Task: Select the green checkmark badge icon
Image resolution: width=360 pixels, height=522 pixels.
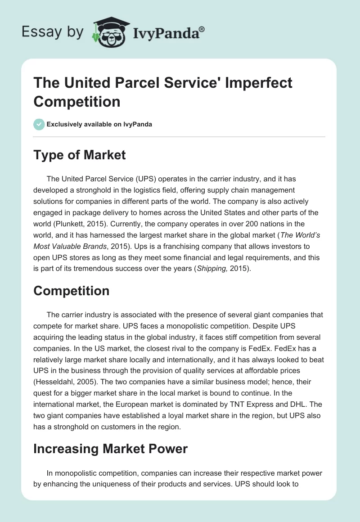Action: (x=39, y=124)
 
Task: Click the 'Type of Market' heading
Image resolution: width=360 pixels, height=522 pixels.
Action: (x=80, y=155)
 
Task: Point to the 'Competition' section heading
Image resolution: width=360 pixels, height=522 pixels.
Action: (x=72, y=291)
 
